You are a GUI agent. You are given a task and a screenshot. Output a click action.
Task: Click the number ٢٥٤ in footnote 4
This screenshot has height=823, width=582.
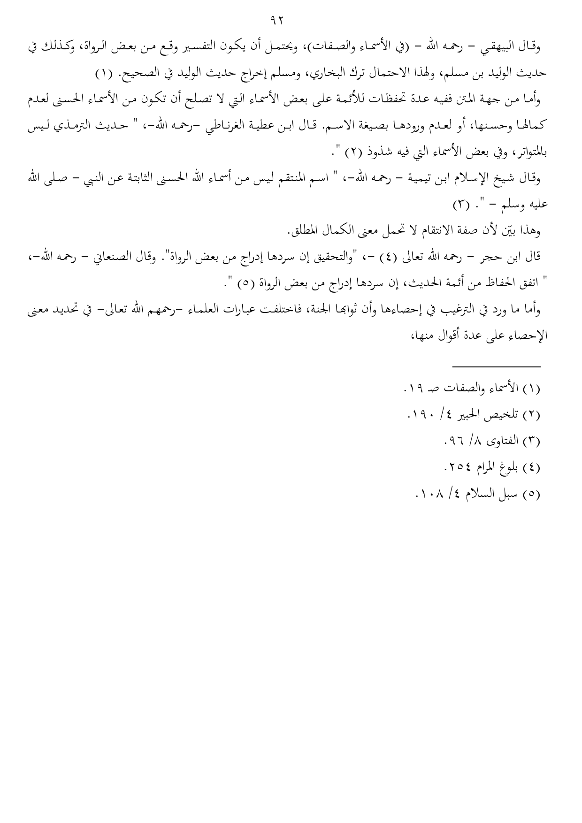coord(455,467)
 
